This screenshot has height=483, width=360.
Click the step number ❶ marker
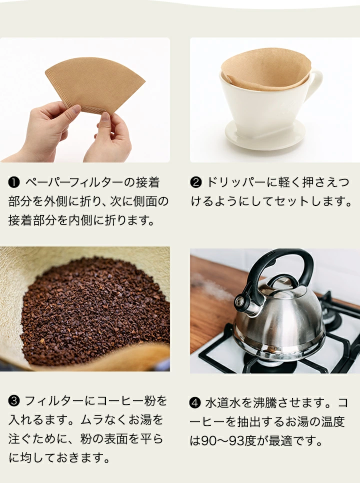coord(14,182)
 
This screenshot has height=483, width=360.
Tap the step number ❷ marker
coord(196,182)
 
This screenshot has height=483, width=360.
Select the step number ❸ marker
coord(14,401)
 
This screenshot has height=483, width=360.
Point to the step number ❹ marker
coord(195,402)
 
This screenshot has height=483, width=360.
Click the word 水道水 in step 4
coord(223,402)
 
